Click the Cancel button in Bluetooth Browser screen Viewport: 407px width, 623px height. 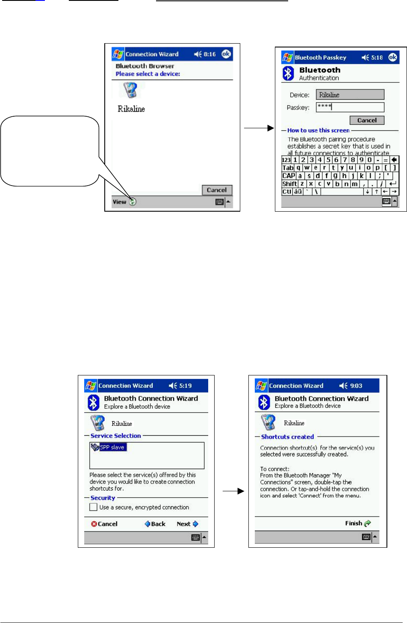click(217, 190)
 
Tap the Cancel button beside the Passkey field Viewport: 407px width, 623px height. click(367, 120)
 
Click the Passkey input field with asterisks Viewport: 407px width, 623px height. click(350, 107)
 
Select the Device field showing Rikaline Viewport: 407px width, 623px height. click(350, 94)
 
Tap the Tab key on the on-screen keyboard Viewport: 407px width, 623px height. click(288, 168)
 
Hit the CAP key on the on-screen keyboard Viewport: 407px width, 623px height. click(289, 176)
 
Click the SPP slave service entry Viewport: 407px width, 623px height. click(112, 447)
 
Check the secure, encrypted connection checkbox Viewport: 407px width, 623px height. click(93, 507)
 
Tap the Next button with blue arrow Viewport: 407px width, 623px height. click(188, 524)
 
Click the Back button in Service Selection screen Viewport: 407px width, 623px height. click(155, 524)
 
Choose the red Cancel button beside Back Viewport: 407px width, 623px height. click(104, 524)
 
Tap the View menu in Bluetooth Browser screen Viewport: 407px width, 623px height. click(119, 202)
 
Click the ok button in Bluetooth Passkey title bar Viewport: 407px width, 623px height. click(392, 57)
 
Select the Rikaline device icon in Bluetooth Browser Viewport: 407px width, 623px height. click(130, 90)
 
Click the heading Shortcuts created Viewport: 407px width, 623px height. click(287, 437)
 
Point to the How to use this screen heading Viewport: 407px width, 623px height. click(318, 130)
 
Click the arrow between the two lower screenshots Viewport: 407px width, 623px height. click(233, 492)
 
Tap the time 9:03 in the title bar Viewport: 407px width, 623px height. click(356, 386)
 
